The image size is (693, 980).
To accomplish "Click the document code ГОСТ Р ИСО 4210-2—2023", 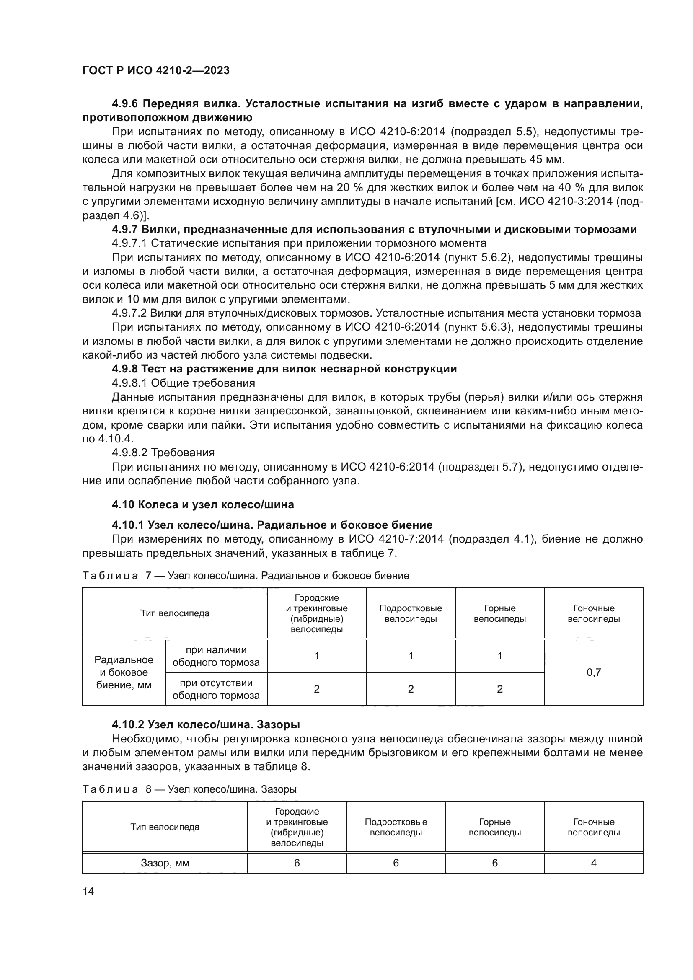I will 156,70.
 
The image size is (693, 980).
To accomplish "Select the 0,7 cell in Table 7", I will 594,672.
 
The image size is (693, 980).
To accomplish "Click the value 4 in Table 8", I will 594,863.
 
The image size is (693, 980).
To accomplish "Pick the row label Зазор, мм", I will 165,863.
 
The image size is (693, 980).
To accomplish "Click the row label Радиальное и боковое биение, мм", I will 124,672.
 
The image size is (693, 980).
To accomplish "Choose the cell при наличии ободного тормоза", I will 216,656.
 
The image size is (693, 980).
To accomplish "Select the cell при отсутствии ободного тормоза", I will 216,689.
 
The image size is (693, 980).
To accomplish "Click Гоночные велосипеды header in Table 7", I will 594,613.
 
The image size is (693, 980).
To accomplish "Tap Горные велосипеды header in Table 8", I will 494,827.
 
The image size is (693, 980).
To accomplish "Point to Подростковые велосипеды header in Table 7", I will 411,613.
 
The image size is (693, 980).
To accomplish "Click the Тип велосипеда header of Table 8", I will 165,827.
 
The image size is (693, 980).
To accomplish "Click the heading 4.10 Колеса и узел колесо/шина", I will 203,504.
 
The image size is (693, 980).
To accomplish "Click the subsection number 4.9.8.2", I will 130,453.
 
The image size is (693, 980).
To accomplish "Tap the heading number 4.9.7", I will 124,230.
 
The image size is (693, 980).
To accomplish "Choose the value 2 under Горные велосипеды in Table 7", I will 500,689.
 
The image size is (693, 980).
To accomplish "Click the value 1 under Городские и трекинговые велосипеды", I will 317,656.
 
